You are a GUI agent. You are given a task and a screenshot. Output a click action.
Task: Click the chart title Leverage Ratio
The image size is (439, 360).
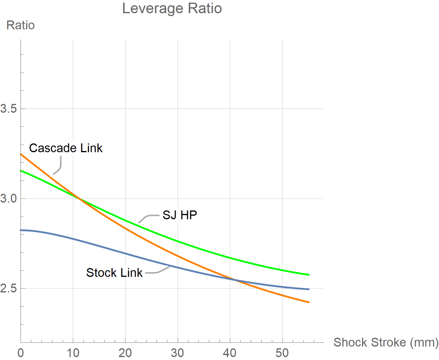[172, 9]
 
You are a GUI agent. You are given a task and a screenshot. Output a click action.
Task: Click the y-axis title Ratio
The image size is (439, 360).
[20, 25]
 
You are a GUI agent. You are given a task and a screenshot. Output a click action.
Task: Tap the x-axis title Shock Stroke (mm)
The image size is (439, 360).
[386, 342]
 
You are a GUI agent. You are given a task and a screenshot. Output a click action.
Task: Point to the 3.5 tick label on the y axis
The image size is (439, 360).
[9, 108]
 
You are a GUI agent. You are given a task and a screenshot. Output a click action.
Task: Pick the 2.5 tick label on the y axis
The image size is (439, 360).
[9, 288]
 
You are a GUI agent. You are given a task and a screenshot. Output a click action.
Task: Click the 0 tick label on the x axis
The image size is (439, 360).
[21, 353]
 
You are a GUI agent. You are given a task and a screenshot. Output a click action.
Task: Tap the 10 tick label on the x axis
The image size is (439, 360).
[73, 353]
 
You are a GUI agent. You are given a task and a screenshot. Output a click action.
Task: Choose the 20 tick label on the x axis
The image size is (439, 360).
[125, 353]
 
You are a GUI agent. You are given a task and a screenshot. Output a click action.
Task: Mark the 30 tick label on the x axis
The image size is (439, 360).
[177, 353]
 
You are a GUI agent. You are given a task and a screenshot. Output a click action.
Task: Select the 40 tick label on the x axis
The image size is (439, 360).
[230, 353]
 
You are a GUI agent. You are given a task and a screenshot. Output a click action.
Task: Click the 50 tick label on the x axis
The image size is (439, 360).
[282, 353]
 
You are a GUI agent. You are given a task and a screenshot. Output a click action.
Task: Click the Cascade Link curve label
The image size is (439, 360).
[66, 148]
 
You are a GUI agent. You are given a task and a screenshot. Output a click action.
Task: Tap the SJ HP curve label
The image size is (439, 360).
[180, 215]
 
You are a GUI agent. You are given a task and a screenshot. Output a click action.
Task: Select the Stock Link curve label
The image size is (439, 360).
[114, 273]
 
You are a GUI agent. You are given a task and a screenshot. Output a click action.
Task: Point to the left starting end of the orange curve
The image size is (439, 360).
[21, 154]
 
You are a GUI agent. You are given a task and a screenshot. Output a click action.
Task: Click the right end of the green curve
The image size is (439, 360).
[309, 275]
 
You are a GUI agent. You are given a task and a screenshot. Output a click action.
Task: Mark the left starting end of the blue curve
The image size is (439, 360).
[21, 230]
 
